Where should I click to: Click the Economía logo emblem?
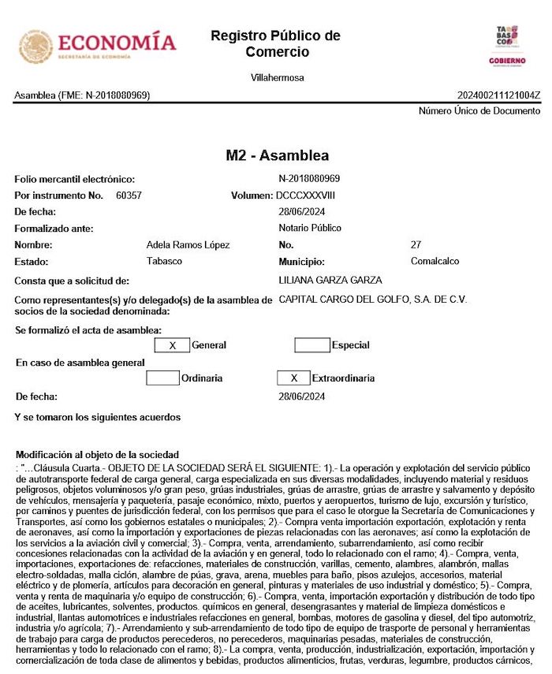click(36, 47)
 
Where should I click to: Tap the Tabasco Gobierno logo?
click(506, 46)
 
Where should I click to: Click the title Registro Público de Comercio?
click(276, 44)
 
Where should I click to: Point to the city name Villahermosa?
click(277, 78)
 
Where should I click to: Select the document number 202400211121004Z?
click(498, 95)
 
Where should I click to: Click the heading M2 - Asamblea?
click(277, 155)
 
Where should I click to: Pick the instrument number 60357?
click(129, 195)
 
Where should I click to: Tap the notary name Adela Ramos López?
click(188, 245)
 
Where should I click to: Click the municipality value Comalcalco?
click(435, 261)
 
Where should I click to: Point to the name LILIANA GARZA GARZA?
click(330, 280)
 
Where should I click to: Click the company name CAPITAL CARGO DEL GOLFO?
click(373, 300)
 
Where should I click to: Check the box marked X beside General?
click(172, 345)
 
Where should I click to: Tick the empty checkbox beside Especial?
click(311, 345)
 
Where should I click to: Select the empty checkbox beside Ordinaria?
click(162, 378)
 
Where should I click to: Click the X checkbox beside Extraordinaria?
click(293, 378)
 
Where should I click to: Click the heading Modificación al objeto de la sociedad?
click(97, 455)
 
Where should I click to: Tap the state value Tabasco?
click(164, 261)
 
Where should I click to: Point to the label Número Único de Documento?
click(479, 111)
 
